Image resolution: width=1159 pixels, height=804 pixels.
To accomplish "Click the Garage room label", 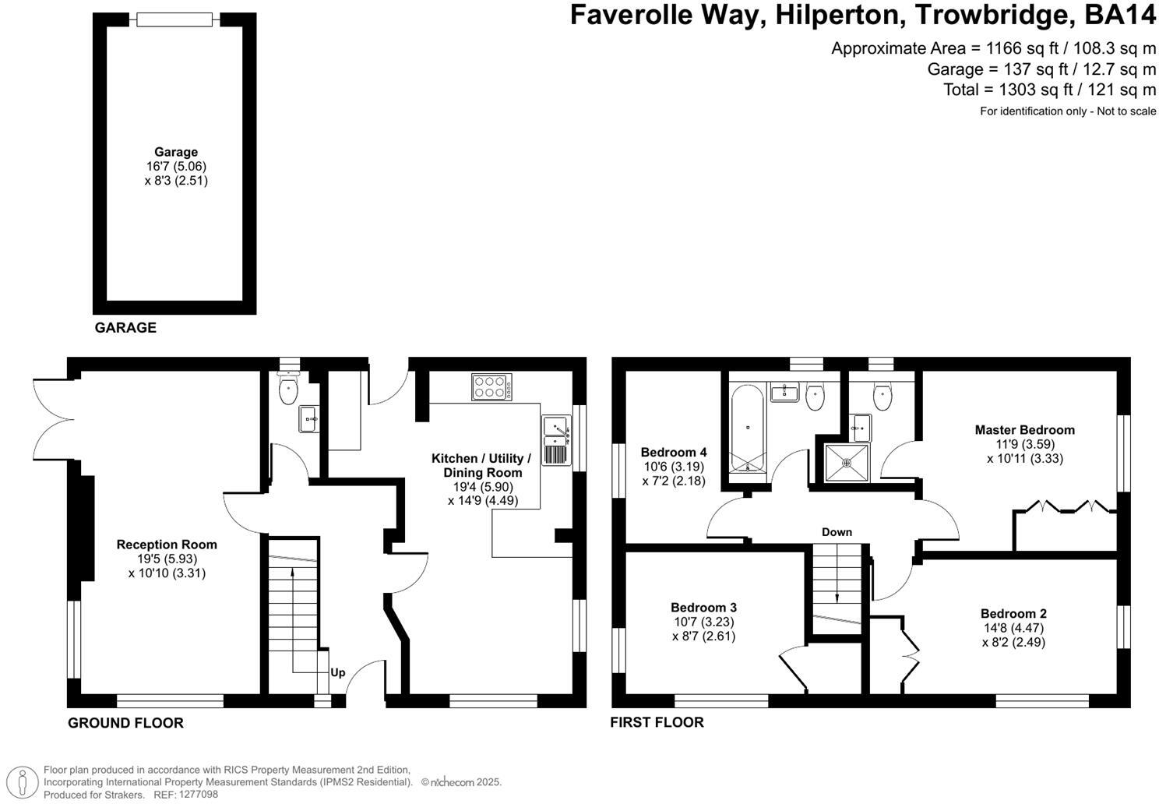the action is pos(176,152).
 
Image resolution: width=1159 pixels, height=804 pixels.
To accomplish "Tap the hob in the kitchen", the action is pos(491,386).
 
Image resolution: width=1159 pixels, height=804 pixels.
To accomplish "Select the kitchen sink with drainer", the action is pos(556,439).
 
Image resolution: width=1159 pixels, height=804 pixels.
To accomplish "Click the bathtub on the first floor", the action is pos(748,428).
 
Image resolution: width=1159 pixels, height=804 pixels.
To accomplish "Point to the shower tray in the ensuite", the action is pos(847,462).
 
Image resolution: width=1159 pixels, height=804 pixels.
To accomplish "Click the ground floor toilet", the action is pos(288,387).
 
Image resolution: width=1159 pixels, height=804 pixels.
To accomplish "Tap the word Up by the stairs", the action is pos(337,672).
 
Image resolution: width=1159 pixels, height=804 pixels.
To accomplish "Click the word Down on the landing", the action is pos(837,532).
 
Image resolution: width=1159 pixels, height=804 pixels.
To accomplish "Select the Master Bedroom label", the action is pos(1024,430).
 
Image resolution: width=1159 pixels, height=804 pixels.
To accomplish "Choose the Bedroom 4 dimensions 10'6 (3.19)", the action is pos(675,467).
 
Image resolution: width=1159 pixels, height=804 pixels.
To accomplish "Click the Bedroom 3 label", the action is pos(703,608).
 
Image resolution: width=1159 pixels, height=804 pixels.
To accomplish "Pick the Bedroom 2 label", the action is pos(1013,614).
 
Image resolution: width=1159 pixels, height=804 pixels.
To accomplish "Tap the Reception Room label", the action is pos(167,545).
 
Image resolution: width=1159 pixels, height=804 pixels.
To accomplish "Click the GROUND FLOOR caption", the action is pos(125,723).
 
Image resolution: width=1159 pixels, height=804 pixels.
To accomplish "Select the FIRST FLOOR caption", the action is pos(657,722).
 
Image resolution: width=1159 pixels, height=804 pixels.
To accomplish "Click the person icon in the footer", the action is pos(23,781).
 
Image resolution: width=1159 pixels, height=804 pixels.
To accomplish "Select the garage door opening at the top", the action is pos(174,19).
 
